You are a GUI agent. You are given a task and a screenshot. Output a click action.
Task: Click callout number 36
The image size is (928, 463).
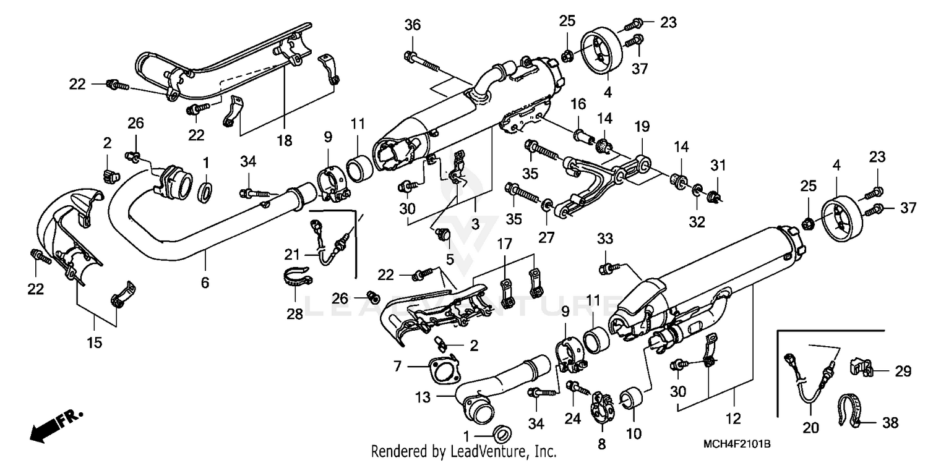[x=413, y=25]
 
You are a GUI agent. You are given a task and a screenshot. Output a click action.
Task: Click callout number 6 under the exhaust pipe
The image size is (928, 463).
[x=205, y=283]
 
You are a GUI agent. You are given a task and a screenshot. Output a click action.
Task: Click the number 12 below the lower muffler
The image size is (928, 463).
[x=733, y=420]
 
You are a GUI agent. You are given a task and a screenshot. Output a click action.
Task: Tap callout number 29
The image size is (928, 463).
[x=903, y=371]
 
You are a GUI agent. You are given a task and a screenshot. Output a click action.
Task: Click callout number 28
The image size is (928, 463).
[x=294, y=313]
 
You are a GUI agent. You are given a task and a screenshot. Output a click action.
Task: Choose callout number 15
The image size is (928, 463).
[x=94, y=341]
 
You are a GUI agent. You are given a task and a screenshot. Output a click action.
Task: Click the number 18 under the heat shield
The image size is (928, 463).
[x=284, y=142]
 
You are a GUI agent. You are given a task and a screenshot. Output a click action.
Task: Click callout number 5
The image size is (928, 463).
[x=449, y=258]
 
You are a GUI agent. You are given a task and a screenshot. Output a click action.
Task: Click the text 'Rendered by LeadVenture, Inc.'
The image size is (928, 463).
[x=464, y=452]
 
